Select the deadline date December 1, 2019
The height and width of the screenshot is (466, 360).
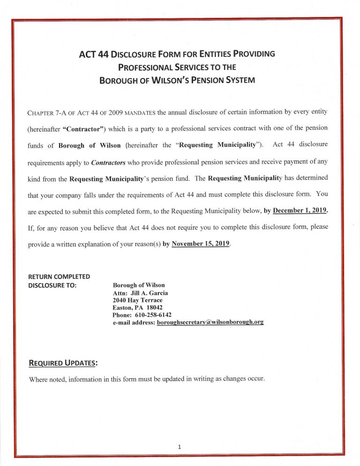tap(299, 211)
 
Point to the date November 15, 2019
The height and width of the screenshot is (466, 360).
tap(201, 244)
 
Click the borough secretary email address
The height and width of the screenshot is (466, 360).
tap(210, 323)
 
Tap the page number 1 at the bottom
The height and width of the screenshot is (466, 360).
tap(179, 447)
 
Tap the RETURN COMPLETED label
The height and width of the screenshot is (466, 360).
tap(59, 277)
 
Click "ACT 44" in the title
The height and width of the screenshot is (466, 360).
tap(94, 54)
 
